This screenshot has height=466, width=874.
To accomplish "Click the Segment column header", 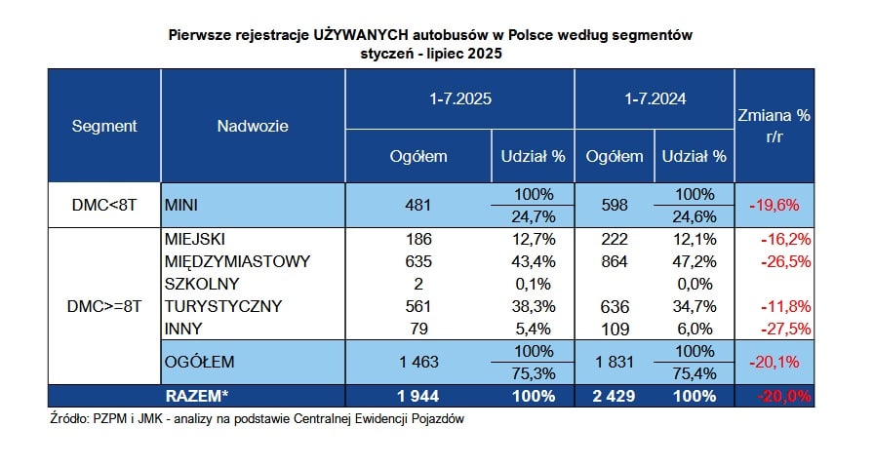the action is point(104,126).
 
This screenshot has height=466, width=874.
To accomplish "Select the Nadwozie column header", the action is point(253,126).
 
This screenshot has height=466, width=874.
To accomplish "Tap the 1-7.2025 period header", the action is point(459,99).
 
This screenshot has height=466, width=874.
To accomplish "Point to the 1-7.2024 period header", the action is point(655,99).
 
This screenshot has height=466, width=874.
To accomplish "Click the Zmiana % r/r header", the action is point(775,126).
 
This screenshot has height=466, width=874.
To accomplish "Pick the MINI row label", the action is point(181,205).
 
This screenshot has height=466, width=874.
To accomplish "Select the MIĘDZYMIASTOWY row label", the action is point(237,261).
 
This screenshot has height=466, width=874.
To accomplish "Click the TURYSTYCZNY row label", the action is point(223,306).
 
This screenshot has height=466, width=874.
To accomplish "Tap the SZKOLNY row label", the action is point(202,284).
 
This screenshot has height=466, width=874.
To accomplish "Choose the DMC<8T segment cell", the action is point(104,205).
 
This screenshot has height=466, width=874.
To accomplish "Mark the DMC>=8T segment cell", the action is point(104,306).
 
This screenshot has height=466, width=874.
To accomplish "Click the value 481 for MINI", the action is point(418,205).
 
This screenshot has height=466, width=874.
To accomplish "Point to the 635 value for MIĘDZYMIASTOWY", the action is point(418,261).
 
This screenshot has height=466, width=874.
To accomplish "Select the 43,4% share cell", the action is point(534,261).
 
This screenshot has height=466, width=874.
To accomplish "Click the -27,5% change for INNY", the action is point(785,329).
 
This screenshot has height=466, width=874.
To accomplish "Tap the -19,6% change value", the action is point(775,205).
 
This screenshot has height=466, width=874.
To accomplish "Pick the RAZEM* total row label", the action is point(197,396).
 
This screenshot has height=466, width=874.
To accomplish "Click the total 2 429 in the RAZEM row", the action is point(614,396).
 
